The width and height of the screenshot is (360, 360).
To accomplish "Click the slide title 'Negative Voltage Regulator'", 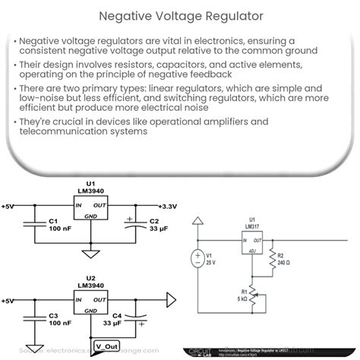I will click(x=180, y=14).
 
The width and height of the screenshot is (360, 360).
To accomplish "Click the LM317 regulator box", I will click(x=254, y=244).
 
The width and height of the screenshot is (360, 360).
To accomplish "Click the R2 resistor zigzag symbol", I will click(x=270, y=262).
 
